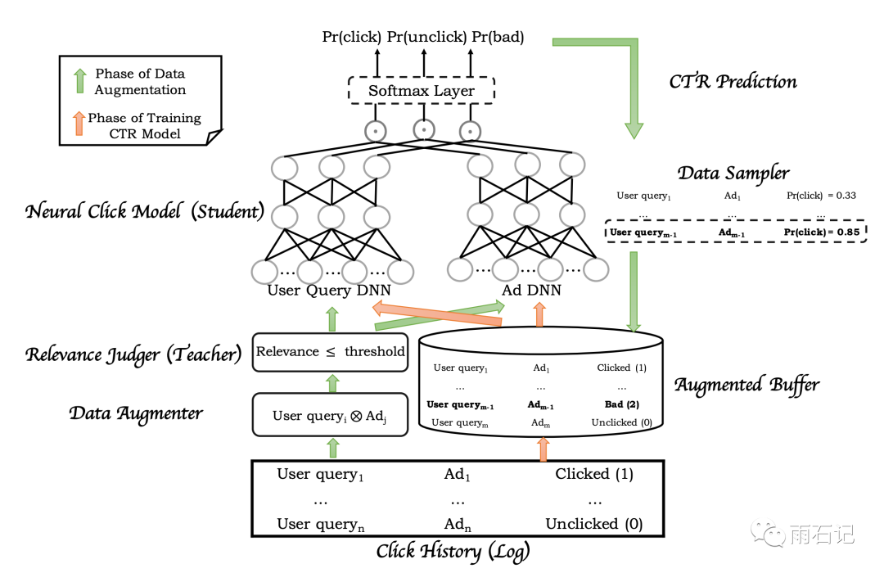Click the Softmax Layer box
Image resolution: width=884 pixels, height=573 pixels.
click(x=421, y=91)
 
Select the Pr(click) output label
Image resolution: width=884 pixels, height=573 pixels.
click(x=352, y=37)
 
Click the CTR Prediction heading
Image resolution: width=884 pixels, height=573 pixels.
click(x=733, y=81)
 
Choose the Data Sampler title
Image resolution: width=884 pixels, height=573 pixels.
click(x=733, y=173)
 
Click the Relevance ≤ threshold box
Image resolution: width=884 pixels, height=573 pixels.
click(x=330, y=351)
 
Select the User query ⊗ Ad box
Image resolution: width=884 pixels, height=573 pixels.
click(x=330, y=415)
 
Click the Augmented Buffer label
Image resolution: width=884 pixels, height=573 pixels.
click(x=746, y=384)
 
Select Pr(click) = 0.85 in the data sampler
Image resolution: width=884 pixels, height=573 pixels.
click(x=821, y=232)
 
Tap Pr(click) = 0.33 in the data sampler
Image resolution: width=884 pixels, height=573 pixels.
click(x=821, y=196)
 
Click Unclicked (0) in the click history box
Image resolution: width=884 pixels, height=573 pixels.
click(x=594, y=524)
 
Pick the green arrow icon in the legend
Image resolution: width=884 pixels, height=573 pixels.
click(x=79, y=81)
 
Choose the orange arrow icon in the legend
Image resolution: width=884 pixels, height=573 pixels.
click(x=79, y=124)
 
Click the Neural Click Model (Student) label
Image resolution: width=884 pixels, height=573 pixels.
click(x=145, y=213)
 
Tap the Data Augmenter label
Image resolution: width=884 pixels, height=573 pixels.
click(x=136, y=413)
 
